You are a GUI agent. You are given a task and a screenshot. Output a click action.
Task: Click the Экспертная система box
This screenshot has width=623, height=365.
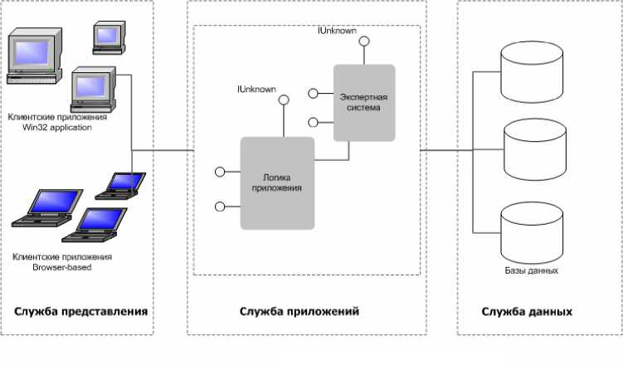(364, 103)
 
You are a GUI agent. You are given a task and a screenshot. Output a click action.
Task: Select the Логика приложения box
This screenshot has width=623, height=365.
(277, 183)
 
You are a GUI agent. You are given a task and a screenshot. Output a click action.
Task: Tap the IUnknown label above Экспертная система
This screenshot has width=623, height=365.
(338, 31)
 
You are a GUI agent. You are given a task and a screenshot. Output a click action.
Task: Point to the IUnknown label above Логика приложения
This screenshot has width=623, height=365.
(256, 89)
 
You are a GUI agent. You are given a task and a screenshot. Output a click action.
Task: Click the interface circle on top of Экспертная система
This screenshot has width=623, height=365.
(364, 41)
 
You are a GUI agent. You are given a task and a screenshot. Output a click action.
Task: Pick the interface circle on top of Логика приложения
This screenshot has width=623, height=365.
(283, 100)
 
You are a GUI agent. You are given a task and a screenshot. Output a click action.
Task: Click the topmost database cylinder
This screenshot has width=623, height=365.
(532, 72)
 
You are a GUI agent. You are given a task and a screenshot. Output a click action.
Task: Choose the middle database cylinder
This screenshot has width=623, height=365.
(535, 150)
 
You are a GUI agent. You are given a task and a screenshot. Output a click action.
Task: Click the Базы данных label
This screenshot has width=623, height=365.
(531, 270)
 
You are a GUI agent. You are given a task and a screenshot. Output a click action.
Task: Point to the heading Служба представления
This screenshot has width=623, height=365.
(80, 311)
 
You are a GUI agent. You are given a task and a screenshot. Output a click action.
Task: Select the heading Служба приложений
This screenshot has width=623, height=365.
(299, 311)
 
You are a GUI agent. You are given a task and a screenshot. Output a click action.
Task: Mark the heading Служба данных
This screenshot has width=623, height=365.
(527, 311)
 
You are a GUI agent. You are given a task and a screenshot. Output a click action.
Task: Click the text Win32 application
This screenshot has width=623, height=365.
(56, 128)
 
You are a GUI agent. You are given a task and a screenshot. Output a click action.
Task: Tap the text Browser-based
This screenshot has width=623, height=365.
(62, 267)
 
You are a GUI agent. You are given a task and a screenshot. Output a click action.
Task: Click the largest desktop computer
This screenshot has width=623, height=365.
(35, 56)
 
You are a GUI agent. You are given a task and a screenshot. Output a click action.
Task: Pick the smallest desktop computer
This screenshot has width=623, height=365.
(109, 37)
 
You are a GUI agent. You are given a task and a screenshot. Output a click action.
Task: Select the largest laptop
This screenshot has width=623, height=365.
(47, 208)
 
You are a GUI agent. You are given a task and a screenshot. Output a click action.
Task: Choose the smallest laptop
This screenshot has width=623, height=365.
(120, 186)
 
